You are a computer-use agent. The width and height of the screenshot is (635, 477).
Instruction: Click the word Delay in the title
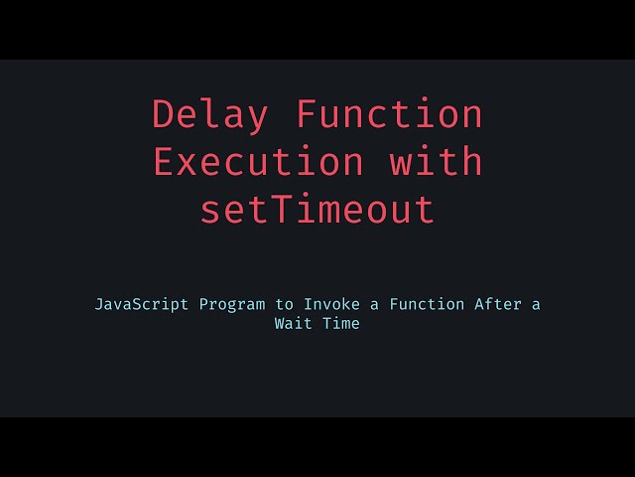(x=210, y=115)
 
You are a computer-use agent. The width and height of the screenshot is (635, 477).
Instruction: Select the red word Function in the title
(x=390, y=115)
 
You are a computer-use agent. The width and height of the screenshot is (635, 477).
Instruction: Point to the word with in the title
(x=437, y=162)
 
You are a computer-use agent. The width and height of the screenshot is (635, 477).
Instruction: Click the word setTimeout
(x=317, y=210)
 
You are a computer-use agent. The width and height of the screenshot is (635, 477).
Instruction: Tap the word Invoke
(x=328, y=304)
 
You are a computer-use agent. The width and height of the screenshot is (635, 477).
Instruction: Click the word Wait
(x=292, y=323)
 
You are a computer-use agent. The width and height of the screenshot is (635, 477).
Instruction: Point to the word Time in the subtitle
(x=341, y=323)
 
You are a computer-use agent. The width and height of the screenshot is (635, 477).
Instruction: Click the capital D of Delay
(x=164, y=115)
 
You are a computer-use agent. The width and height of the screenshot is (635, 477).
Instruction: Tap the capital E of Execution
(x=164, y=162)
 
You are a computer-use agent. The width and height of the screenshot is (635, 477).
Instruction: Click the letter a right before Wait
(x=536, y=304)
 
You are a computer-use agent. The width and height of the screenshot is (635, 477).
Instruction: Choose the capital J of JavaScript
(x=100, y=304)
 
